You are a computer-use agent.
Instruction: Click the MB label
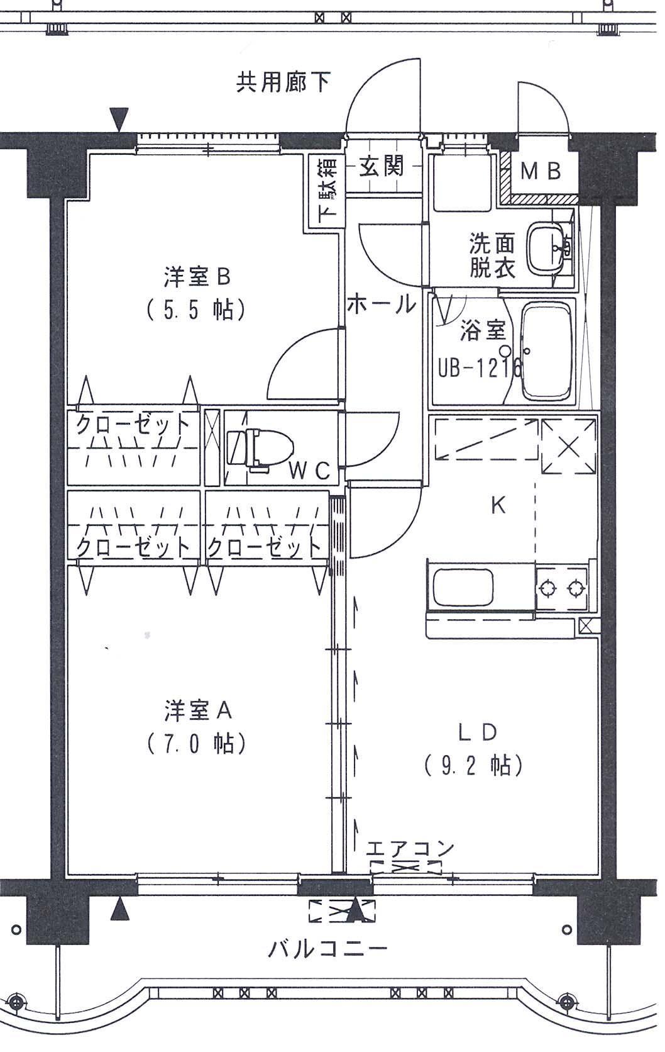[x=541, y=172]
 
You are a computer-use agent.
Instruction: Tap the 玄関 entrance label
[x=382, y=167]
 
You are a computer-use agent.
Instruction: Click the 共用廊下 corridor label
[x=283, y=83]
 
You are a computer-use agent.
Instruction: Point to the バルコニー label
[x=327, y=948]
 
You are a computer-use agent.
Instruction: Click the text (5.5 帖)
[x=196, y=310]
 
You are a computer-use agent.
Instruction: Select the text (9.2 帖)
[x=473, y=766]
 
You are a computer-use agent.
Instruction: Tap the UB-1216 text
[x=481, y=367]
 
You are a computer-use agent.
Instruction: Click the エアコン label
[x=410, y=848]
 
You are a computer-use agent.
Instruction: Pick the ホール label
[x=382, y=305]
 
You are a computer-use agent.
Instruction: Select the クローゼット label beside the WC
[x=133, y=424]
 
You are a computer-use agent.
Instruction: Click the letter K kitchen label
[x=498, y=505]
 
